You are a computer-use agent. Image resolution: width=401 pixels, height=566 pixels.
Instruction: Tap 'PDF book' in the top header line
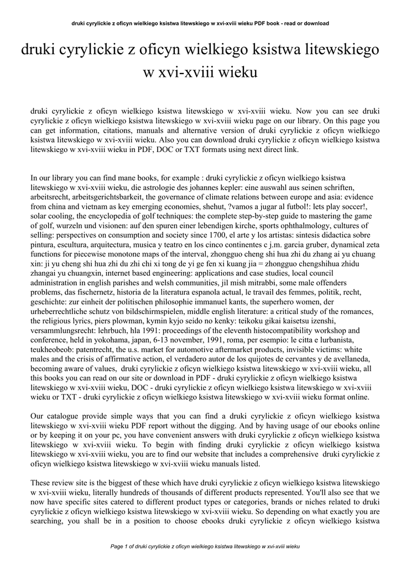click(x=259, y=24)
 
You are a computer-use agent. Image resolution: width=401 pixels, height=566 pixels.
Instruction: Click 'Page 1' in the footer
click(x=119, y=546)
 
